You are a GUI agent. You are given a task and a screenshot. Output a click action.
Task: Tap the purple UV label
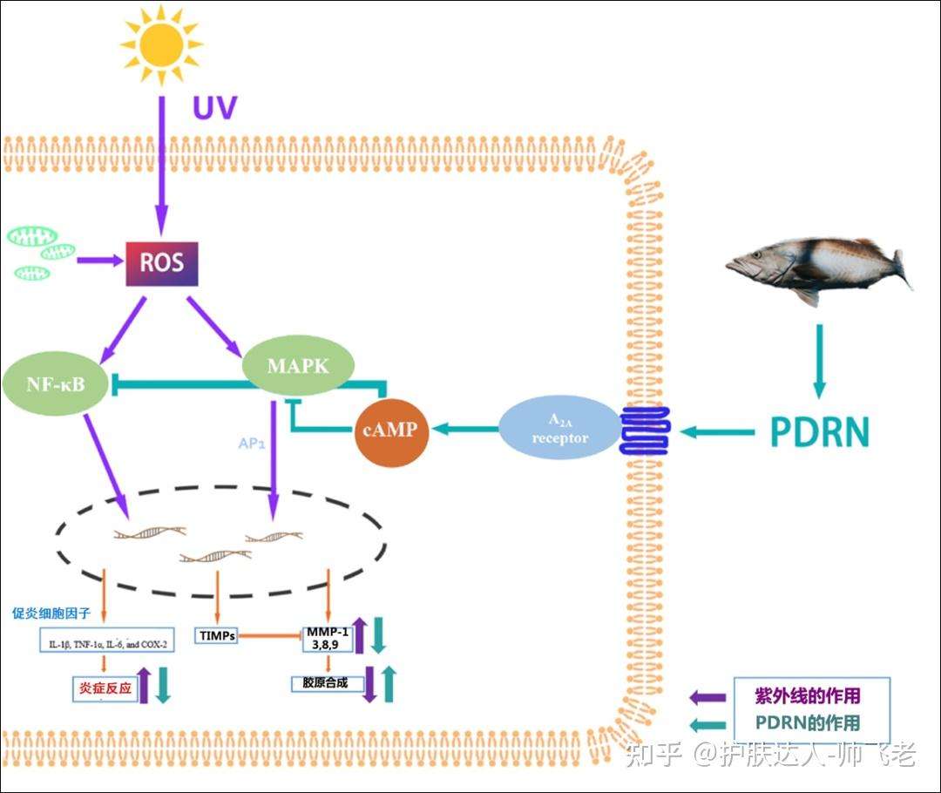[214, 109]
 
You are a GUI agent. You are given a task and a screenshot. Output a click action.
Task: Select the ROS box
[162, 262]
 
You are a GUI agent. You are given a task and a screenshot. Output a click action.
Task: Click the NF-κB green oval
[56, 383]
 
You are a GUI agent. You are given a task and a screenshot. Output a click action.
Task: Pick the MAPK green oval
[298, 366]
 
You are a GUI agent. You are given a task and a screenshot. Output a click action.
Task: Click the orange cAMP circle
[392, 430]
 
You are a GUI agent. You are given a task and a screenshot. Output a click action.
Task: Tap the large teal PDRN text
[819, 432]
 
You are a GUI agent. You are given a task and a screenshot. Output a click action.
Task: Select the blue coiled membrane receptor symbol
[644, 430]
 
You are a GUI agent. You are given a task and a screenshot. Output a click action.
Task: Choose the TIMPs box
[217, 636]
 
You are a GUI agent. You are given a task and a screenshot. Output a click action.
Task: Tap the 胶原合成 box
[326, 683]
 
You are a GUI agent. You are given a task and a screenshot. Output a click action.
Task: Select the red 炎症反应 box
[105, 688]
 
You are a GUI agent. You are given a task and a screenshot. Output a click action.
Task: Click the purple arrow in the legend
[707, 696]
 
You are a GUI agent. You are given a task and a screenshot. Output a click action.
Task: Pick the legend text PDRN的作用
[807, 722]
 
